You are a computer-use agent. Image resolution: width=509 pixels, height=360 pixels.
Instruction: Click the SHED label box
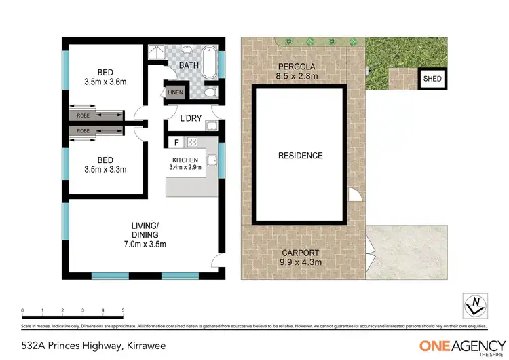432,79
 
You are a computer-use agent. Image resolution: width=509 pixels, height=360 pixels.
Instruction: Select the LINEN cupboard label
176,92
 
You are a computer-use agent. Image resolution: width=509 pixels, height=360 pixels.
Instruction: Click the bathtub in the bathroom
209,61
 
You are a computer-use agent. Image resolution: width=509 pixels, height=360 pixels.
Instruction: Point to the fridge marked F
176,143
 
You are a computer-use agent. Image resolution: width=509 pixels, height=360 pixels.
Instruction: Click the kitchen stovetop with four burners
192,143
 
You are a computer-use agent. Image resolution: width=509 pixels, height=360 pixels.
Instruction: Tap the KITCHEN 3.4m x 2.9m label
185,163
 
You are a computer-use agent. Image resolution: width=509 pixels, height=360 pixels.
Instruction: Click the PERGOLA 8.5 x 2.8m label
297,71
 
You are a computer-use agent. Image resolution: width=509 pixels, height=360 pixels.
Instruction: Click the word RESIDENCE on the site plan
300,156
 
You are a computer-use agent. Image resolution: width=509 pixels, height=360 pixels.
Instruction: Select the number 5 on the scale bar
123,310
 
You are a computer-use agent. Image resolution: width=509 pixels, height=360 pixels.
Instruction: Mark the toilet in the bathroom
210,92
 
